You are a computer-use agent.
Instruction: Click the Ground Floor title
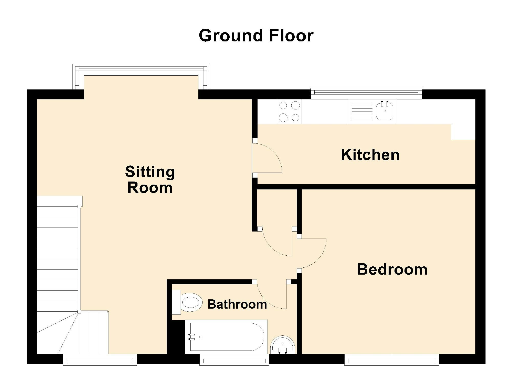tap(256, 35)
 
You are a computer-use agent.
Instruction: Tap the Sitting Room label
tap(150, 180)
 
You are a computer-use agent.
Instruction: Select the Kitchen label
tap(370, 155)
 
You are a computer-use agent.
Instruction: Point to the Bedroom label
tap(392, 269)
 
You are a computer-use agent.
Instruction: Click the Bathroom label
tap(237, 304)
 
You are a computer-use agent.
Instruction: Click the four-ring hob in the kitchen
tap(289, 111)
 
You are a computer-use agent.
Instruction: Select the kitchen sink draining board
tap(362, 111)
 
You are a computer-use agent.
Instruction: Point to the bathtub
tap(226, 337)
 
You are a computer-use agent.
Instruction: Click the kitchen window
tap(366, 93)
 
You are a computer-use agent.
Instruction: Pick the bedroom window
tap(392, 359)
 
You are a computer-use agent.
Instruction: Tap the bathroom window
tap(234, 359)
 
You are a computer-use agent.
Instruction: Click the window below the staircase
tap(100, 359)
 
